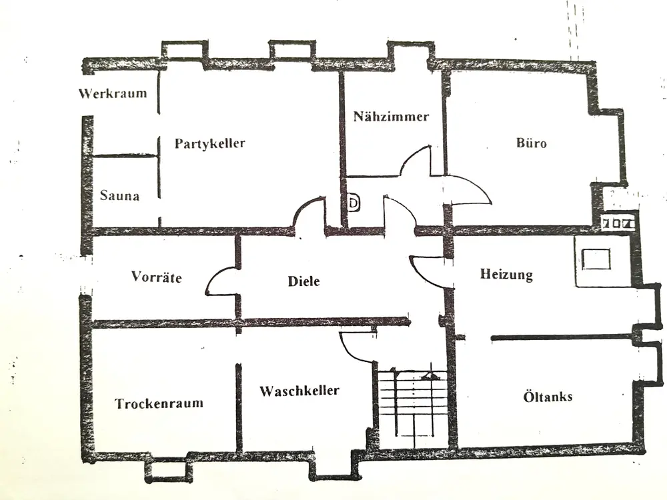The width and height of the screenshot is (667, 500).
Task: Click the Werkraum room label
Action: (x=112, y=93)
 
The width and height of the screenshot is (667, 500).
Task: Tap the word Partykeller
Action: (x=210, y=143)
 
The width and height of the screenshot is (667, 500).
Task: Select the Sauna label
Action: (x=119, y=196)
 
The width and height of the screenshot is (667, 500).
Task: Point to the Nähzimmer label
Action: (x=391, y=117)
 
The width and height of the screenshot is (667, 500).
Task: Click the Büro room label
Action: (x=532, y=143)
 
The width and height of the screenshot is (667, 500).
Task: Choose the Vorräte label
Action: (x=156, y=277)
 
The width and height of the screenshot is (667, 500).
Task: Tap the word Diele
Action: (x=303, y=281)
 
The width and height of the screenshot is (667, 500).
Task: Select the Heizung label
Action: (x=506, y=275)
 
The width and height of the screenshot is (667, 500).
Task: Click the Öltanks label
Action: (x=547, y=397)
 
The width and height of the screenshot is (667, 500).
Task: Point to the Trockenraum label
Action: (x=159, y=403)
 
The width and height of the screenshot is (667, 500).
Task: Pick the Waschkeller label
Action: (x=299, y=391)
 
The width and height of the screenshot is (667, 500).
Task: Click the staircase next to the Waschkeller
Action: (x=412, y=407)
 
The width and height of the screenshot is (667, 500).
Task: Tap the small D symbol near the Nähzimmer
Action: (x=354, y=202)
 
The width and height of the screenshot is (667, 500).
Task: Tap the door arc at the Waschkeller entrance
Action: (x=357, y=347)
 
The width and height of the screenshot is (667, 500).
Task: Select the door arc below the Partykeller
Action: (x=308, y=213)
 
